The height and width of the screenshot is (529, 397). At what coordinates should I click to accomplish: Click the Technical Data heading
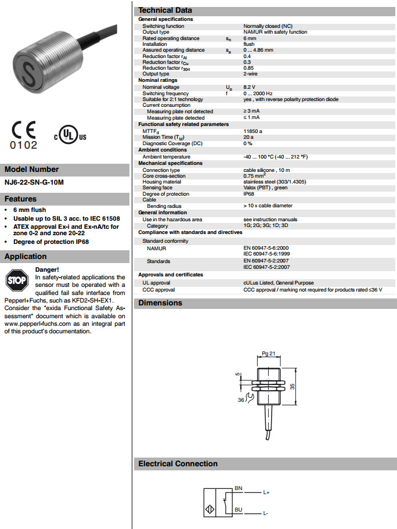[165, 10]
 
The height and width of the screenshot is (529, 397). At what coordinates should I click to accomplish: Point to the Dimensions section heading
[160, 303]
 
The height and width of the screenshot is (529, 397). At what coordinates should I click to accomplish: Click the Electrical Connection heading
[178, 463]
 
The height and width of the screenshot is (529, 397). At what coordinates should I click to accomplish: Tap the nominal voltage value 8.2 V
[251, 87]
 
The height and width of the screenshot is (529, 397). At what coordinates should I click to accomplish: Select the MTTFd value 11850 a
[253, 131]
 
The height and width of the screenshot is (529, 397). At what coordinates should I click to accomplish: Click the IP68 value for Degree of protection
[249, 194]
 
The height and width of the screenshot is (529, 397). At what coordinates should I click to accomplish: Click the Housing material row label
[162, 182]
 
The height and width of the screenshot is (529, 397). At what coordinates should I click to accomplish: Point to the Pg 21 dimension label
[268, 353]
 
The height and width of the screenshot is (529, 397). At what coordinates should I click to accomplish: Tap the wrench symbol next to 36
[249, 398]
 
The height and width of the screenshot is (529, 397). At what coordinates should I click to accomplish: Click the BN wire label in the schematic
[239, 488]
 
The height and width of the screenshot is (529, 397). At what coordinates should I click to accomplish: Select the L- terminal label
[265, 514]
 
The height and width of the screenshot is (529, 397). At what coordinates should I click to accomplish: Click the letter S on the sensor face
[30, 72]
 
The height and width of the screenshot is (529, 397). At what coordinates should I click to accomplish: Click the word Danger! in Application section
[47, 269]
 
